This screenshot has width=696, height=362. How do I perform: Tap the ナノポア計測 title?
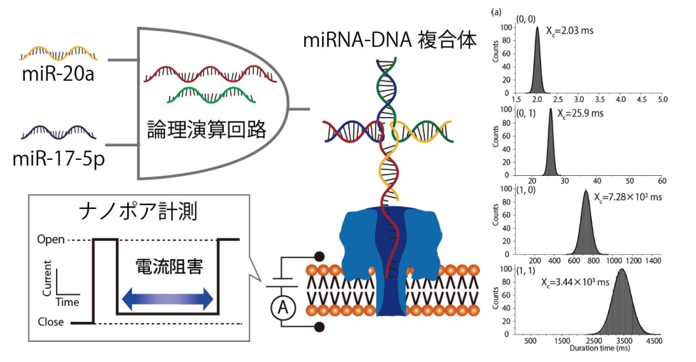138,212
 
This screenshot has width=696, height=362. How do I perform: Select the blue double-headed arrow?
167,298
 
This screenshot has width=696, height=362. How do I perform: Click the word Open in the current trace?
51,239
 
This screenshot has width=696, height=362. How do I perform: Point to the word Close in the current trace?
51,322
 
